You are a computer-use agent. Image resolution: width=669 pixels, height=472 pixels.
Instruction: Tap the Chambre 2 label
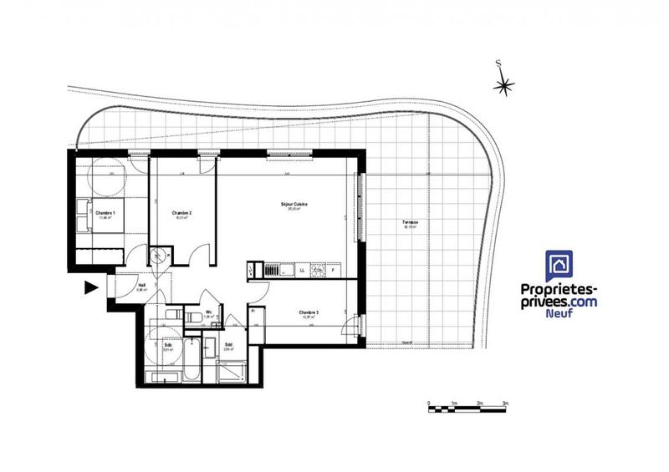182,213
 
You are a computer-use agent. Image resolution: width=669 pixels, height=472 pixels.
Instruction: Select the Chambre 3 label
310,313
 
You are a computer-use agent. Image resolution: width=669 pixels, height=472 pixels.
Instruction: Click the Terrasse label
410,221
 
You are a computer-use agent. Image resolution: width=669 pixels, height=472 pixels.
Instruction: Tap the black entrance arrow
90,289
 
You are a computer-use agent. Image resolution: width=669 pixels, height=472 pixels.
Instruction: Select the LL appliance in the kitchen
301,271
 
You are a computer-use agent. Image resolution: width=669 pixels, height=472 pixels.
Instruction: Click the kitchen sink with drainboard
273,270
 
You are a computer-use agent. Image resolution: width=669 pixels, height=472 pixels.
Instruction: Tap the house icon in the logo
559,266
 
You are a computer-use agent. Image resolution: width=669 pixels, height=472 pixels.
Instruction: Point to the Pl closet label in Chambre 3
252,311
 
